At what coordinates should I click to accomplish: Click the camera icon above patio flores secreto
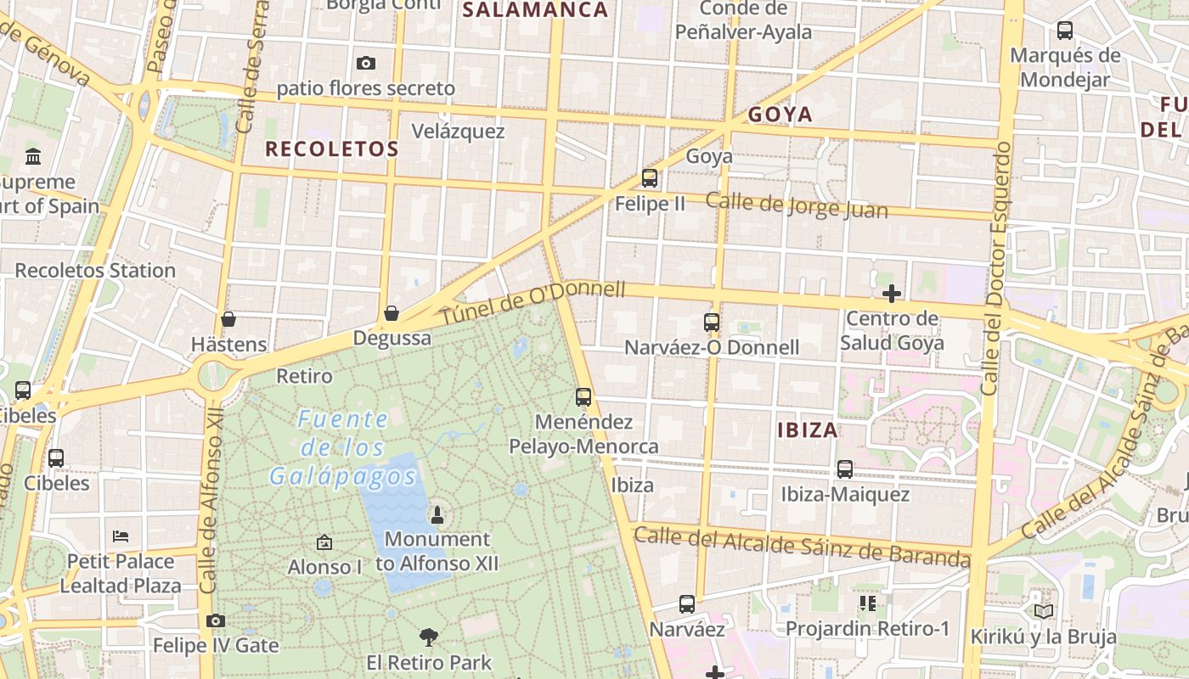(366, 63)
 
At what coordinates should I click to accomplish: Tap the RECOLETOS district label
(331, 149)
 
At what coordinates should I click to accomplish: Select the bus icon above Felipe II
(650, 177)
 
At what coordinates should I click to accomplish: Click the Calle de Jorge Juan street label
(796, 205)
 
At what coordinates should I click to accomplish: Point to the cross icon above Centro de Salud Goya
(892, 294)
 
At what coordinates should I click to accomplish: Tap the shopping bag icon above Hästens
(228, 319)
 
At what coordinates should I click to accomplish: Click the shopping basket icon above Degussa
(392, 313)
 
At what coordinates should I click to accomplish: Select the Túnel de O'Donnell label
(533, 302)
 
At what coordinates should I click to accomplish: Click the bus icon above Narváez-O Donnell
(712, 323)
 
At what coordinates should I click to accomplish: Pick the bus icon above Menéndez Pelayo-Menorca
(583, 396)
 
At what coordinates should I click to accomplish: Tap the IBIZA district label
(808, 429)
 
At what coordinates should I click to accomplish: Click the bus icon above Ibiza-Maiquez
(845, 469)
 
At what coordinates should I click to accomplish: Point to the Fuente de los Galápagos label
(343, 447)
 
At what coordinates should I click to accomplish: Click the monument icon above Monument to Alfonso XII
(437, 514)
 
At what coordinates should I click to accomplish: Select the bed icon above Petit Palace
(121, 536)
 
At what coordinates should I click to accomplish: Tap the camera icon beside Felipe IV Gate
(216, 620)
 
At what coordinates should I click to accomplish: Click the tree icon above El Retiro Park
(429, 637)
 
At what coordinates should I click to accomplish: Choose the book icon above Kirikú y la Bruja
(1043, 610)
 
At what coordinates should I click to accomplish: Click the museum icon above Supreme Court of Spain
(34, 156)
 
